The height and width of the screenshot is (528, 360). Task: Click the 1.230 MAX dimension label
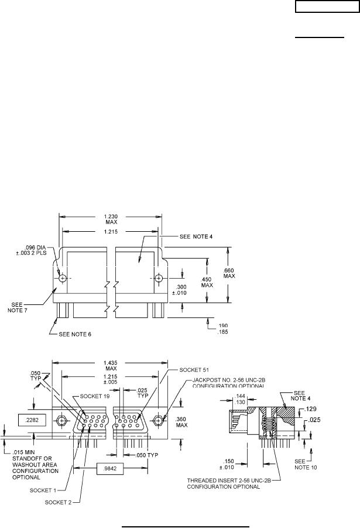111,219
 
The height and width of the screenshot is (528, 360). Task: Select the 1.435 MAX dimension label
111,365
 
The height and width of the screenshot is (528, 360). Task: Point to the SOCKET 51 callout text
194,370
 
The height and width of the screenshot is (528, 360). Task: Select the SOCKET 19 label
95,396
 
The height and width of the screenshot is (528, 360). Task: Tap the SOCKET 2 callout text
58,502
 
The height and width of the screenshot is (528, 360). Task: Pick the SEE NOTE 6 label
75,334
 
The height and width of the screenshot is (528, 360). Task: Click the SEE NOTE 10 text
306,464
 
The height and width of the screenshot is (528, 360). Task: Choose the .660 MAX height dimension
229,273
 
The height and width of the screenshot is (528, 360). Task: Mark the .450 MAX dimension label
207,282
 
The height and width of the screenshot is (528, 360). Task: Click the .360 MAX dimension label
181,422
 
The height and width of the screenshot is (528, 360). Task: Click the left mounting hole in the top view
63,279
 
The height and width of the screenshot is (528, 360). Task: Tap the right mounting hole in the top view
159,278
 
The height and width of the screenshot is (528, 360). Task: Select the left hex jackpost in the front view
61,420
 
